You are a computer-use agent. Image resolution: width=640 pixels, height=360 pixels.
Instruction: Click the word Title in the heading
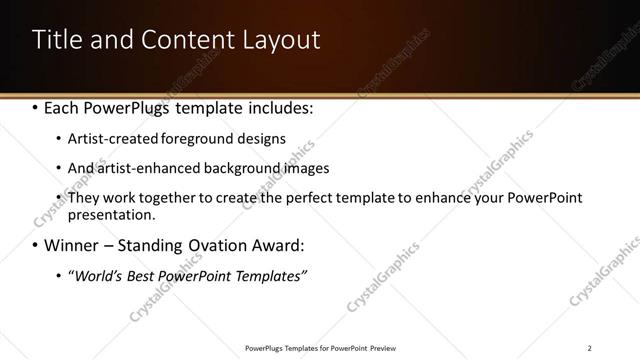pos(56,40)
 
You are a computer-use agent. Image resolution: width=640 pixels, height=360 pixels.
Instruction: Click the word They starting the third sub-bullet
pos(84,198)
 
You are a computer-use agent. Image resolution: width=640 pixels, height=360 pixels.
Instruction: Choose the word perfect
pos(306,198)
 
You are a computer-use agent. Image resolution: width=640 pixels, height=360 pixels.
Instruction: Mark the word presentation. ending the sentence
pos(112,214)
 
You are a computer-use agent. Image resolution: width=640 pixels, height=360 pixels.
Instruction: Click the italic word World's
pos(96,275)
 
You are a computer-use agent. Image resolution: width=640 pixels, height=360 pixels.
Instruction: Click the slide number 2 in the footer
pos(589,348)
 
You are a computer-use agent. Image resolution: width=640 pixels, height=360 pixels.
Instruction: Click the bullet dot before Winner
pos(36,245)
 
